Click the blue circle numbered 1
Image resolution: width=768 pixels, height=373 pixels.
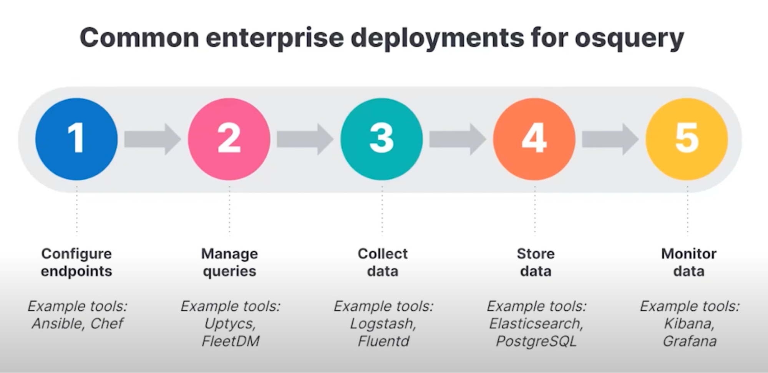[x=76, y=139]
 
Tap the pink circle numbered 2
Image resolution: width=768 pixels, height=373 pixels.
[x=229, y=139]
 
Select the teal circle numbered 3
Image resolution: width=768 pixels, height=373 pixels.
[x=382, y=139]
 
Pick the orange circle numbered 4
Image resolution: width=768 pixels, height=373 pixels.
[x=534, y=139]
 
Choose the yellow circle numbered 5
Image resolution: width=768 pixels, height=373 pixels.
[x=687, y=139]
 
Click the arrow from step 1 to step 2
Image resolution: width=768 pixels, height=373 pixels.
[x=153, y=139]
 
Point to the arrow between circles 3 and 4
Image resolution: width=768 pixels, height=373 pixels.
[x=458, y=139]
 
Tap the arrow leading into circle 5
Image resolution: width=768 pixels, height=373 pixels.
[x=610, y=139]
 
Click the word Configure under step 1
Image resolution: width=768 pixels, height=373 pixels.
[x=76, y=254]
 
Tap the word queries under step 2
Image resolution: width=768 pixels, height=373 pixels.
[x=229, y=271]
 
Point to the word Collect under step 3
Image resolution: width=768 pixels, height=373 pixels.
[x=383, y=254]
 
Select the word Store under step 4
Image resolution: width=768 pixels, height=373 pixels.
[x=536, y=254]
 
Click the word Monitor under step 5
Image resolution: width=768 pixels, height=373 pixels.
[x=689, y=254]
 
